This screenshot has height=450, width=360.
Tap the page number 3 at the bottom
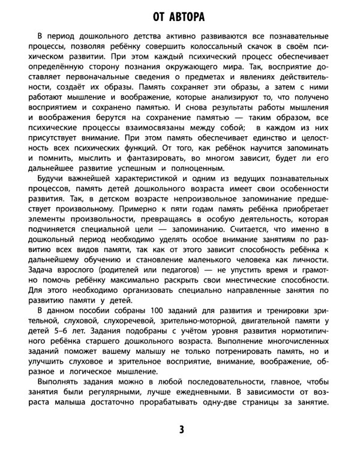181,429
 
